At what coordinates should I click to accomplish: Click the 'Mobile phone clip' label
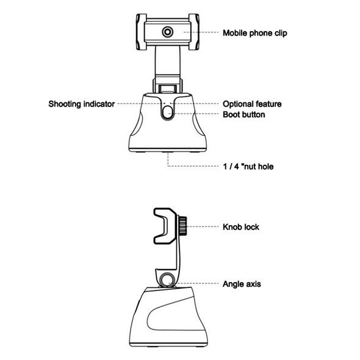pos(255,33)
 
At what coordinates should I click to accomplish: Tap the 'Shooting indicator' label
pos(82,104)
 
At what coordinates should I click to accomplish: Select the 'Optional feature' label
pos(252,104)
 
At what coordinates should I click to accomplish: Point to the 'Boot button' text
pos(244,114)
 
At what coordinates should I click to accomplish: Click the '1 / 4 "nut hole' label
pos(248,167)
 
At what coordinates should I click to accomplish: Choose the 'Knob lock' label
pos(241,227)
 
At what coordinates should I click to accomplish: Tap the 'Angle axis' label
pos(242,284)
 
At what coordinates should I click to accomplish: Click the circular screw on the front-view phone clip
pos(168,32)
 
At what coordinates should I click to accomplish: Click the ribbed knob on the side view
pos(182,227)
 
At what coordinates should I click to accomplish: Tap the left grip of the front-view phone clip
pos(141,32)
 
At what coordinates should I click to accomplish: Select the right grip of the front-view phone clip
pos(194,32)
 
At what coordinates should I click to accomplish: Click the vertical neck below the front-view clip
pos(168,62)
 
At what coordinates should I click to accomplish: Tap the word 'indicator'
pos(99,104)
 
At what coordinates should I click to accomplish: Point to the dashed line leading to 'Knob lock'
pos(203,226)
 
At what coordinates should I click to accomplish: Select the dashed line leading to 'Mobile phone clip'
pos(201,32)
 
